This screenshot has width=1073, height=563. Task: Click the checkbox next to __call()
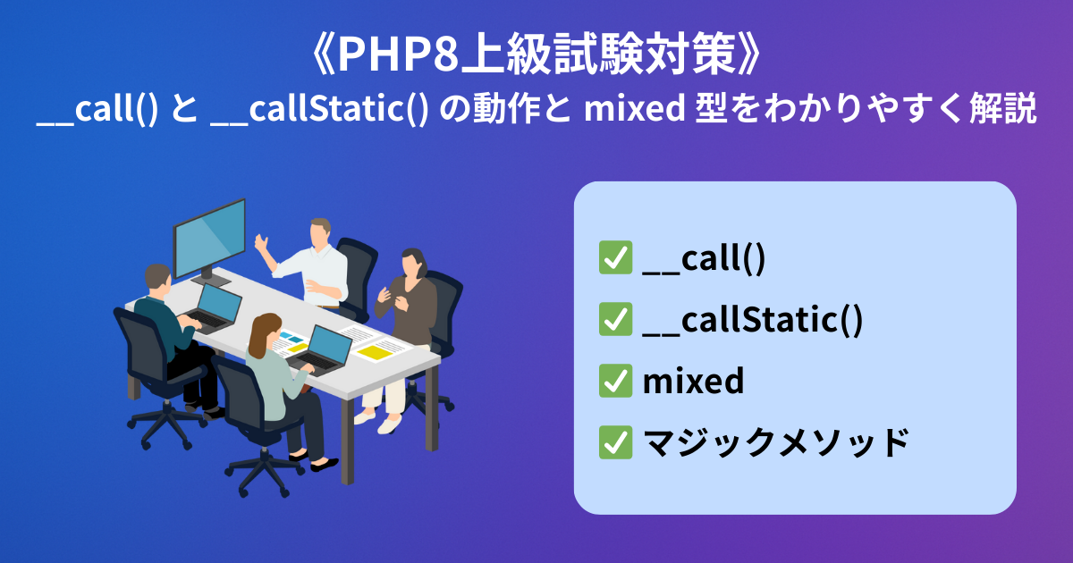615,257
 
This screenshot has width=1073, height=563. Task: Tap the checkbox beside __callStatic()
615,319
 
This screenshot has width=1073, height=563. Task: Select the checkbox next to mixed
615,381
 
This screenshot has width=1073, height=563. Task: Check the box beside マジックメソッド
615,442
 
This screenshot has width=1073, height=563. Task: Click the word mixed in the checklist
693,381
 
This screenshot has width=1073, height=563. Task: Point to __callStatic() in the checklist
753,320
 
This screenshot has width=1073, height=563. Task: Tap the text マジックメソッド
775,442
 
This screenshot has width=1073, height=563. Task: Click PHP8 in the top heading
399,55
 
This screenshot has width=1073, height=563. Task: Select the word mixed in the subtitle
634,109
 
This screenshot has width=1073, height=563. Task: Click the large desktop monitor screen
209,238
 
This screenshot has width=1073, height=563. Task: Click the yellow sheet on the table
375,353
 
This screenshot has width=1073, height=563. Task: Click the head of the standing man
319,232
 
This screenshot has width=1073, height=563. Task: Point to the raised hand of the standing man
261,243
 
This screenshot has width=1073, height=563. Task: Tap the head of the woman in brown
413,263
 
